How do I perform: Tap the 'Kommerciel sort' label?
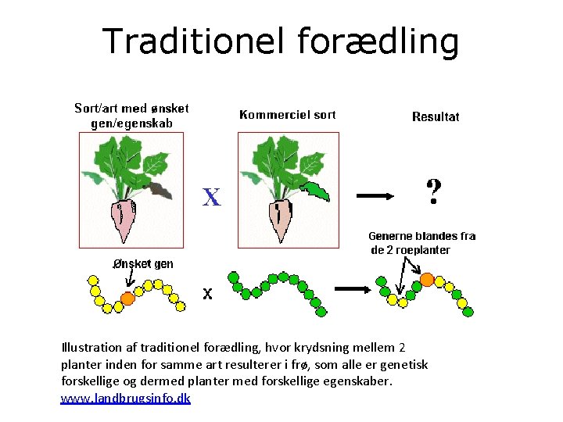tap(287, 115)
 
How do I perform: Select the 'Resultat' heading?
tap(436, 117)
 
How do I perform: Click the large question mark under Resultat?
tap(432, 191)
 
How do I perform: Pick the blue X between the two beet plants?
tap(211, 197)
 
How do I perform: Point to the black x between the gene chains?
tap(207, 294)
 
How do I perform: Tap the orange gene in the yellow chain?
tap(128, 298)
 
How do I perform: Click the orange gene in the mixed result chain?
tap(427, 278)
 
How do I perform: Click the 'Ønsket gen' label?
tap(142, 264)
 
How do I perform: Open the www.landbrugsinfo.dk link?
tap(125, 399)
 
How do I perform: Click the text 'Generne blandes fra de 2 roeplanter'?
tap(421, 243)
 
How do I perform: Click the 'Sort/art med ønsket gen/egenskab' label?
tap(131, 116)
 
